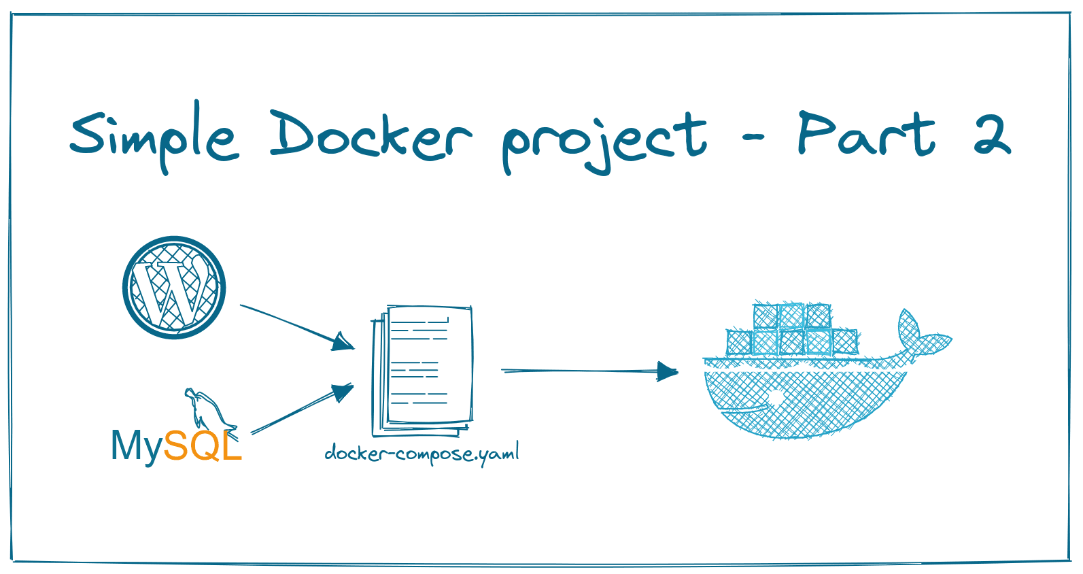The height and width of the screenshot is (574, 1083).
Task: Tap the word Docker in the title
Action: point(371,136)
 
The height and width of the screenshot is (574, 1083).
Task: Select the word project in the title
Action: point(604,139)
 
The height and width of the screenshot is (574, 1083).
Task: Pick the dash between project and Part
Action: point(753,138)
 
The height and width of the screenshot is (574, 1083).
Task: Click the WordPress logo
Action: point(174,287)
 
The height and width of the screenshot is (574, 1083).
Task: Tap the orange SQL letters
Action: point(203,446)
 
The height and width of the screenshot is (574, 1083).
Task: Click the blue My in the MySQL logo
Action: point(137,447)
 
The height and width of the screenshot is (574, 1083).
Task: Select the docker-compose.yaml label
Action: point(422,453)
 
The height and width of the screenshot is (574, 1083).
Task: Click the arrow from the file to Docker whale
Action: point(589,371)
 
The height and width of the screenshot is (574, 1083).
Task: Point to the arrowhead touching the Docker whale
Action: point(668,372)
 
